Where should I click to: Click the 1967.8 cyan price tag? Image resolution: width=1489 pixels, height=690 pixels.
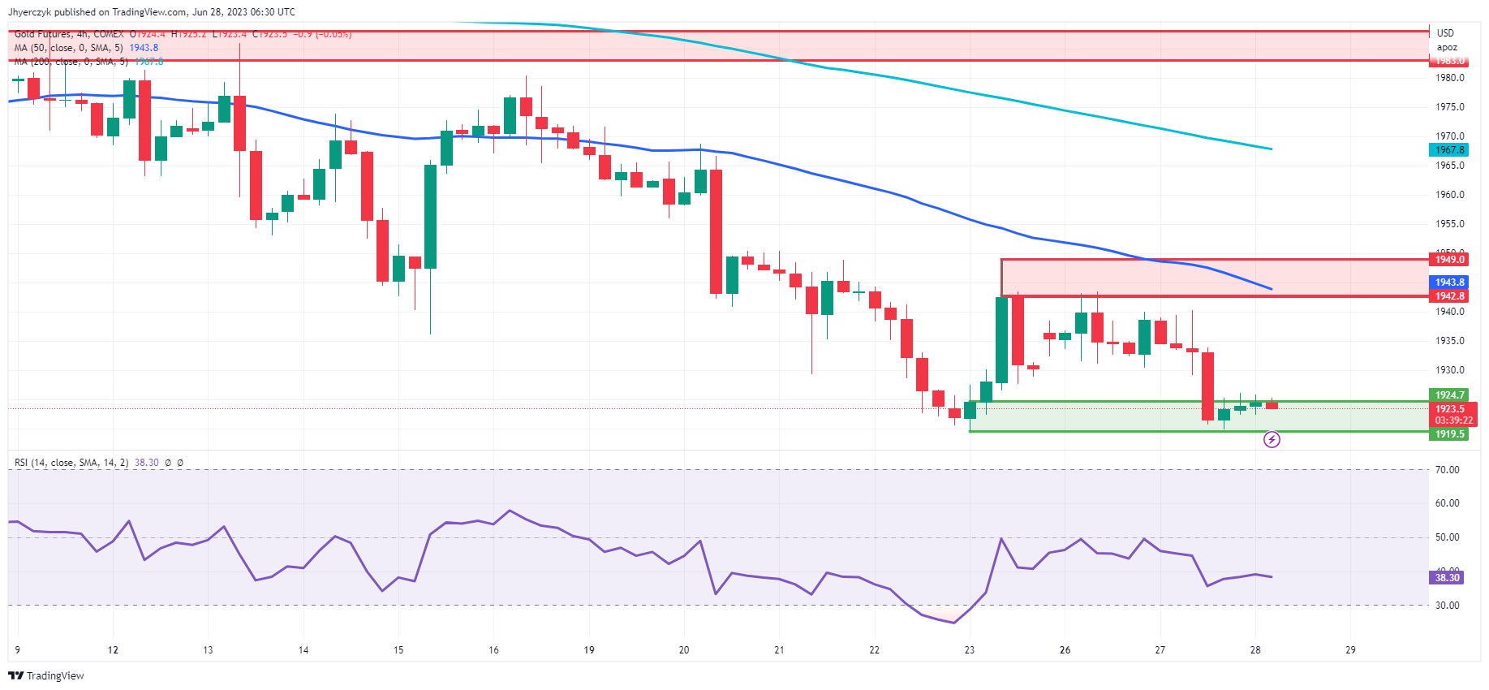[1449, 150]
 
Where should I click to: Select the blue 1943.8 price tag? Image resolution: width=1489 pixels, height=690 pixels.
[1449, 282]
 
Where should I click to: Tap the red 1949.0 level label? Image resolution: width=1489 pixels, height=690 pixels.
[1449, 260]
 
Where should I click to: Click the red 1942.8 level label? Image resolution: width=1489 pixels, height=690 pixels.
[1449, 296]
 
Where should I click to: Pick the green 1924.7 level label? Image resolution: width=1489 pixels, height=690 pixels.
[1449, 395]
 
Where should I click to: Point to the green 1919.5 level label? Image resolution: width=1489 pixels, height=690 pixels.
[1449, 434]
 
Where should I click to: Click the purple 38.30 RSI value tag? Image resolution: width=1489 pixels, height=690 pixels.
[1447, 578]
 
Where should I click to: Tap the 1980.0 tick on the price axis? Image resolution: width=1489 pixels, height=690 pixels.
[1450, 78]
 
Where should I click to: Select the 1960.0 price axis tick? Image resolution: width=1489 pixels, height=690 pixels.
[1450, 195]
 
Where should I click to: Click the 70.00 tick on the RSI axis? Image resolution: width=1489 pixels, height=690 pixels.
[1448, 470]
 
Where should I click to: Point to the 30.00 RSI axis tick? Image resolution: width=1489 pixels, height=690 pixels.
[1448, 606]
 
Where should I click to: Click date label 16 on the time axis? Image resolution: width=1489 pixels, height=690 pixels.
[493, 650]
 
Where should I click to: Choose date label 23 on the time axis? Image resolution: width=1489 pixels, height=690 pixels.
[970, 650]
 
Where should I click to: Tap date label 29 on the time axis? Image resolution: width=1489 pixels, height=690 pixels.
[1350, 650]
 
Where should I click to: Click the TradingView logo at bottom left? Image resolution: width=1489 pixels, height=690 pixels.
[46, 675]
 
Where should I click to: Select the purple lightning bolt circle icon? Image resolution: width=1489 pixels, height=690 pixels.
[1272, 440]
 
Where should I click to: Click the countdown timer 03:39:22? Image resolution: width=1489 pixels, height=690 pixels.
[1453, 420]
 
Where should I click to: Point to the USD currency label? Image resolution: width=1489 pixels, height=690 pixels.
[1445, 33]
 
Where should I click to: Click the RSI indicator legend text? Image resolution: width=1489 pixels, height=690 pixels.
[71, 463]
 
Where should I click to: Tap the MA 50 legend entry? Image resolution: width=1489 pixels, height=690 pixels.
[69, 48]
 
